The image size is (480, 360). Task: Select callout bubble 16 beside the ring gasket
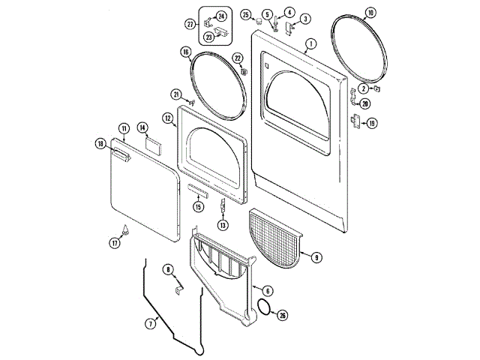185,52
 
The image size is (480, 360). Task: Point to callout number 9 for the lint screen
316,257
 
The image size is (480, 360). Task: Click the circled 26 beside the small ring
282,315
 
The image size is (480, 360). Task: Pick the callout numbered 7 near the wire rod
151,324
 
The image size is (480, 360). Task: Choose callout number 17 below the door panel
115,243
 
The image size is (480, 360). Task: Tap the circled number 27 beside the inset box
190,25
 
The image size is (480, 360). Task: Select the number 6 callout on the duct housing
268,291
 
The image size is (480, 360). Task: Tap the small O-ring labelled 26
262,306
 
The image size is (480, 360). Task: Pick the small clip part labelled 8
178,286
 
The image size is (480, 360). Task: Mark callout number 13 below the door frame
223,224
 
